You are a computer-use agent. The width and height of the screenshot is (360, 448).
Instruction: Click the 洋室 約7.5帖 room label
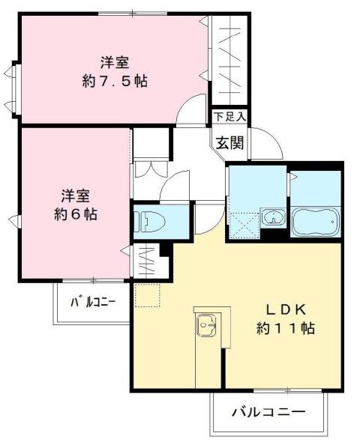point(115,72)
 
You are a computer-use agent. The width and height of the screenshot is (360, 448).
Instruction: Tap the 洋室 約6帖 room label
point(76,205)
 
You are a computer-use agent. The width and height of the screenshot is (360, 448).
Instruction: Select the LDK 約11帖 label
point(286,319)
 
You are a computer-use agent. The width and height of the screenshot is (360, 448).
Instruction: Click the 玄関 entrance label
point(230,142)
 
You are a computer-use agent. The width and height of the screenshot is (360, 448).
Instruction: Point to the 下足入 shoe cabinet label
point(230,117)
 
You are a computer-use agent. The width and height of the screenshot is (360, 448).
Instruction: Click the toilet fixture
point(150,222)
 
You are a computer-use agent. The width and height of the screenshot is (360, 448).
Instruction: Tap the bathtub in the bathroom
point(316,222)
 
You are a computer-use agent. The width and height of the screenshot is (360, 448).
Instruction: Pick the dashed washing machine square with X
point(243,226)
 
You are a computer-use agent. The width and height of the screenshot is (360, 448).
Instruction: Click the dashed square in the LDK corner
point(148,295)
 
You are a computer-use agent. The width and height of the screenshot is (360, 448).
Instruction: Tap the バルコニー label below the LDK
point(268,412)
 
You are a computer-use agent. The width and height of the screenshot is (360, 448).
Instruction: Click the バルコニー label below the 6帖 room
point(93,302)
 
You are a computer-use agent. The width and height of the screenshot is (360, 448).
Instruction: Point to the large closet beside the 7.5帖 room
point(229,60)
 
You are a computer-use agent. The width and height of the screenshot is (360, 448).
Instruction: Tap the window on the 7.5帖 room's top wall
point(132,13)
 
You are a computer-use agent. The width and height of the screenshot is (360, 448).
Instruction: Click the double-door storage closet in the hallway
point(151,169)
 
